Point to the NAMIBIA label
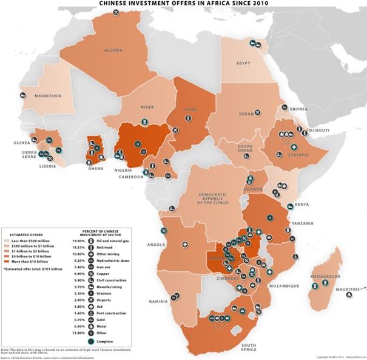158,301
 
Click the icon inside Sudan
258,113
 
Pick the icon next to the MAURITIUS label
349,295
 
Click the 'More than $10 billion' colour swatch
6,261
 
